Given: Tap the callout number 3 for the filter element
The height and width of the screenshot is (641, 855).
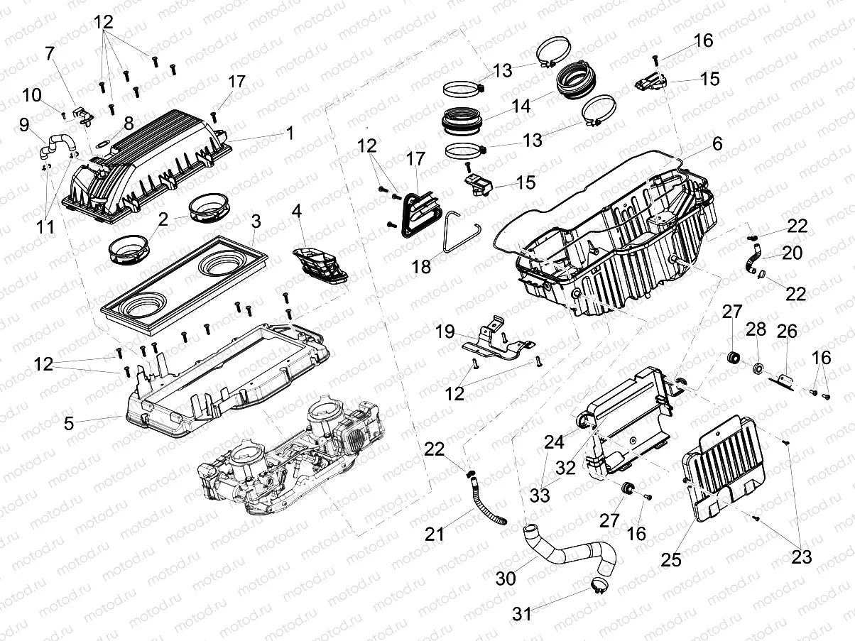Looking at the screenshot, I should [256, 221].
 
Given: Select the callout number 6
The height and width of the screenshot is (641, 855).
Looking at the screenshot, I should [717, 143].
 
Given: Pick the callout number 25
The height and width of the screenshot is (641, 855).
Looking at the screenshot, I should [671, 559].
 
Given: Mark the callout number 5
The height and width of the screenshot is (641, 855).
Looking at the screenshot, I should [69, 424].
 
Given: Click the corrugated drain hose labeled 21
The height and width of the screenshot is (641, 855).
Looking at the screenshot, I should [485, 503].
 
